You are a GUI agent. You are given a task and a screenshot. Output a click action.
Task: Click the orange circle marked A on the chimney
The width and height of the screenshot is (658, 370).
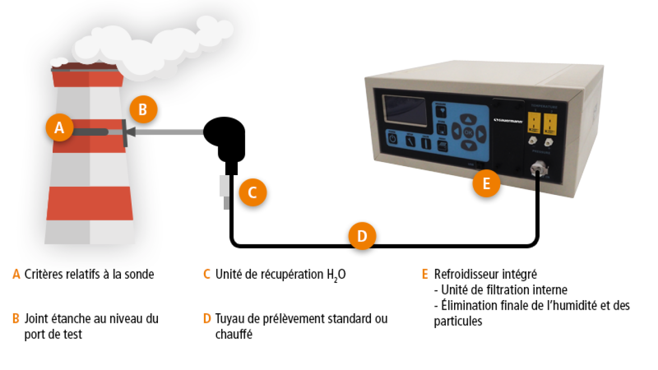point(59,128)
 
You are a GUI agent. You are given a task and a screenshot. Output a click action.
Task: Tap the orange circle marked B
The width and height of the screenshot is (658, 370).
point(143,110)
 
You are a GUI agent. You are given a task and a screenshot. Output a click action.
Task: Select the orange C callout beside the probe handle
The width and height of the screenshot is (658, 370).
point(253,192)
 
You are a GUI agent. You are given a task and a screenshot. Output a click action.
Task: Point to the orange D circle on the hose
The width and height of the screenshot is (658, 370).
point(362,236)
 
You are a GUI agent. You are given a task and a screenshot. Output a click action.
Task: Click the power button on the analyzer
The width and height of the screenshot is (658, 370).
point(393,138)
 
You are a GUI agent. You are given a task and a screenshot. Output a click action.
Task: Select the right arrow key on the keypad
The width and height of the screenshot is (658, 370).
point(481,133)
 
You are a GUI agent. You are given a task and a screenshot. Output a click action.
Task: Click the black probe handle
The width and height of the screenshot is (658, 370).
point(226,137)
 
